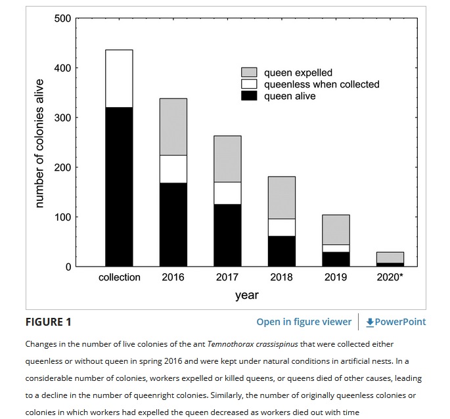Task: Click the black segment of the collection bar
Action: coord(119,187)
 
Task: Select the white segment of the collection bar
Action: coord(119,78)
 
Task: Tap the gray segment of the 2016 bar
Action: coord(173,127)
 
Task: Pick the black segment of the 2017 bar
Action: coord(227,235)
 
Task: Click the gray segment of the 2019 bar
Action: coord(336,230)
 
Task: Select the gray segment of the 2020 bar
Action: coord(390,257)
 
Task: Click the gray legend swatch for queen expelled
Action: coord(249,72)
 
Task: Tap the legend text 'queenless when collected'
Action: coord(321,84)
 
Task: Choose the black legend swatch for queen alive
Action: coord(249,96)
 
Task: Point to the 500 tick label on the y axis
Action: coord(63,18)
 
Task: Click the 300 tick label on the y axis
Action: coord(63,118)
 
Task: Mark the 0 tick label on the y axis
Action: coord(68,267)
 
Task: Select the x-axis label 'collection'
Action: coord(119,277)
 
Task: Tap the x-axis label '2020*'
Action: coord(390,277)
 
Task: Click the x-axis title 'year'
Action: coord(246,295)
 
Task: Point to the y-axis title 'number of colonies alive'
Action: coord(39,143)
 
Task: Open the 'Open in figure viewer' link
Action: coord(304,322)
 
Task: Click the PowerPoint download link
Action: coord(396,322)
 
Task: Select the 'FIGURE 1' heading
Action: coord(49,322)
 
